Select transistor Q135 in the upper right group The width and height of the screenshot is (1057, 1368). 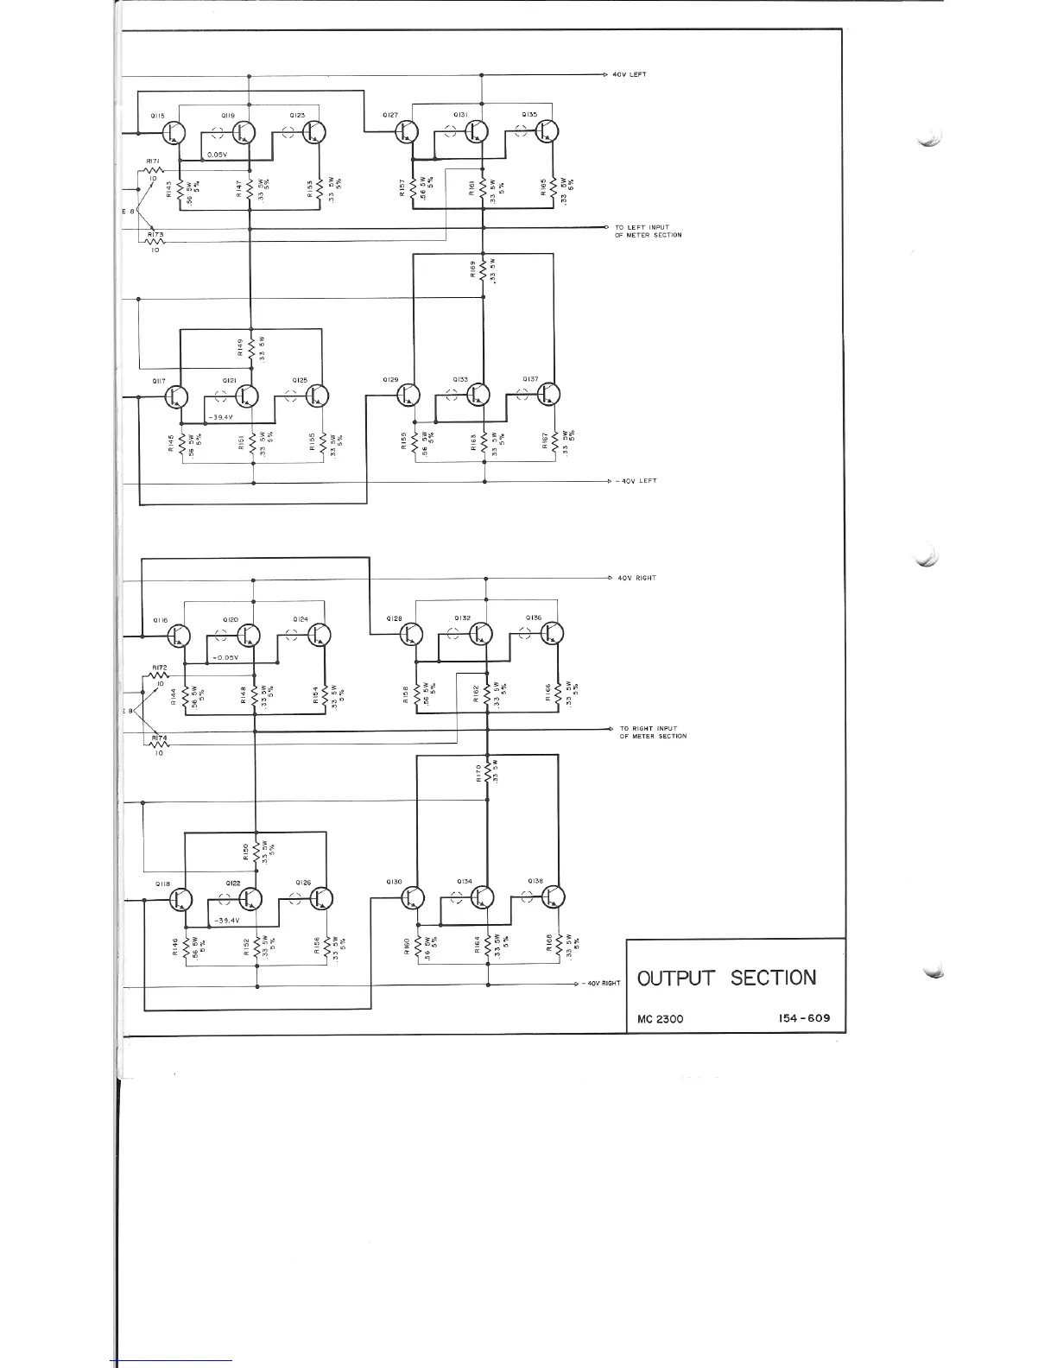547,131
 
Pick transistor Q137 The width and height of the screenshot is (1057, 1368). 548,395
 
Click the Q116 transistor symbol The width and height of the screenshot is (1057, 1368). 180,636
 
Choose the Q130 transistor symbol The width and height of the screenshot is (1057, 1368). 413,898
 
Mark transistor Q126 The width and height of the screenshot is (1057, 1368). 321,899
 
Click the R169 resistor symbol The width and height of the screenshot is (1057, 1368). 484,270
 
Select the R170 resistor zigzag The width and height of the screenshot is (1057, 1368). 489,771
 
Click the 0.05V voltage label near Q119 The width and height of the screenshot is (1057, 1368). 217,155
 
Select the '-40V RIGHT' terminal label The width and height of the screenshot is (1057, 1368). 601,984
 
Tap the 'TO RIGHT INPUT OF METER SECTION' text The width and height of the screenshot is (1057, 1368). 654,732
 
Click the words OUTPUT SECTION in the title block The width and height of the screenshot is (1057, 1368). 726,978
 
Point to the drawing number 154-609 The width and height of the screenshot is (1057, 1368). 802,1018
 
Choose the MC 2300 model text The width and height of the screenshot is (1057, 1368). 660,1019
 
